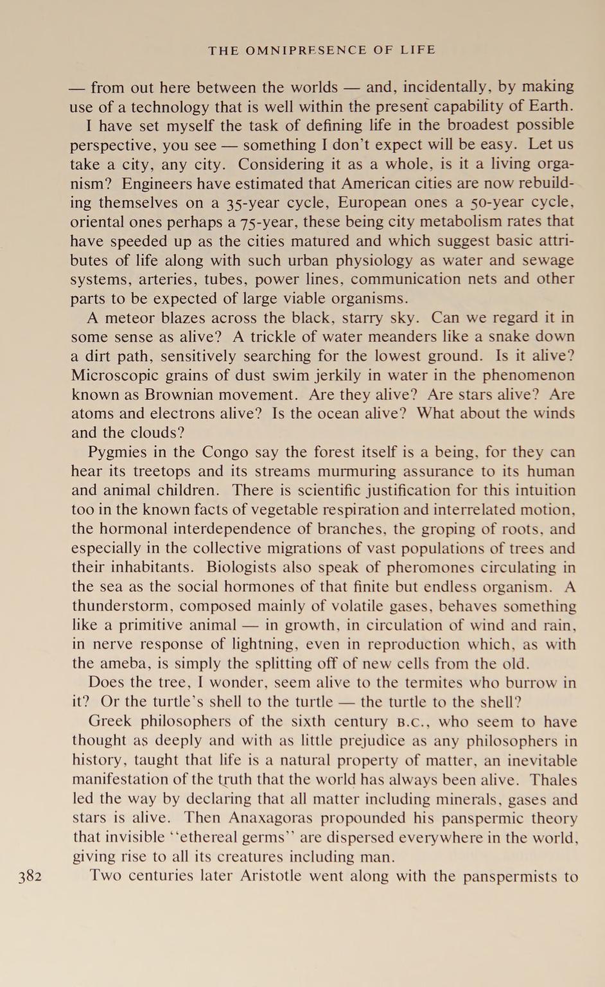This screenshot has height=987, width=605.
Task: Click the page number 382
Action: pos(30,876)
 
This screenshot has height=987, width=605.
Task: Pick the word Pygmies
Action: pos(116,452)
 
